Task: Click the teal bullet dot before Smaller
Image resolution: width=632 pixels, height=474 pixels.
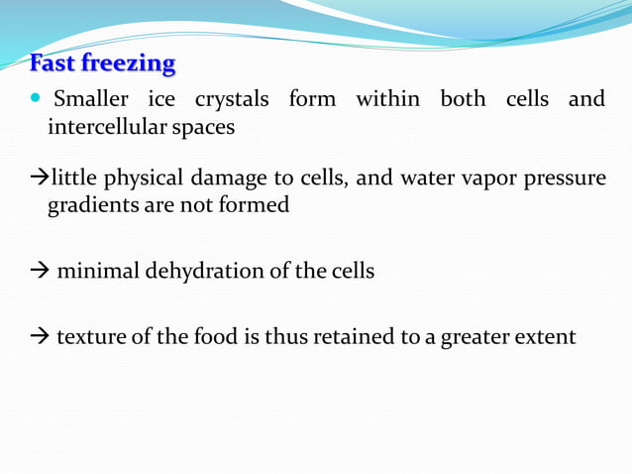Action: point(37,99)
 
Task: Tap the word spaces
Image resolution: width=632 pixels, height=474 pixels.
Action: point(205,129)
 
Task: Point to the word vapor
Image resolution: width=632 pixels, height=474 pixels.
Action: point(480,179)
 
